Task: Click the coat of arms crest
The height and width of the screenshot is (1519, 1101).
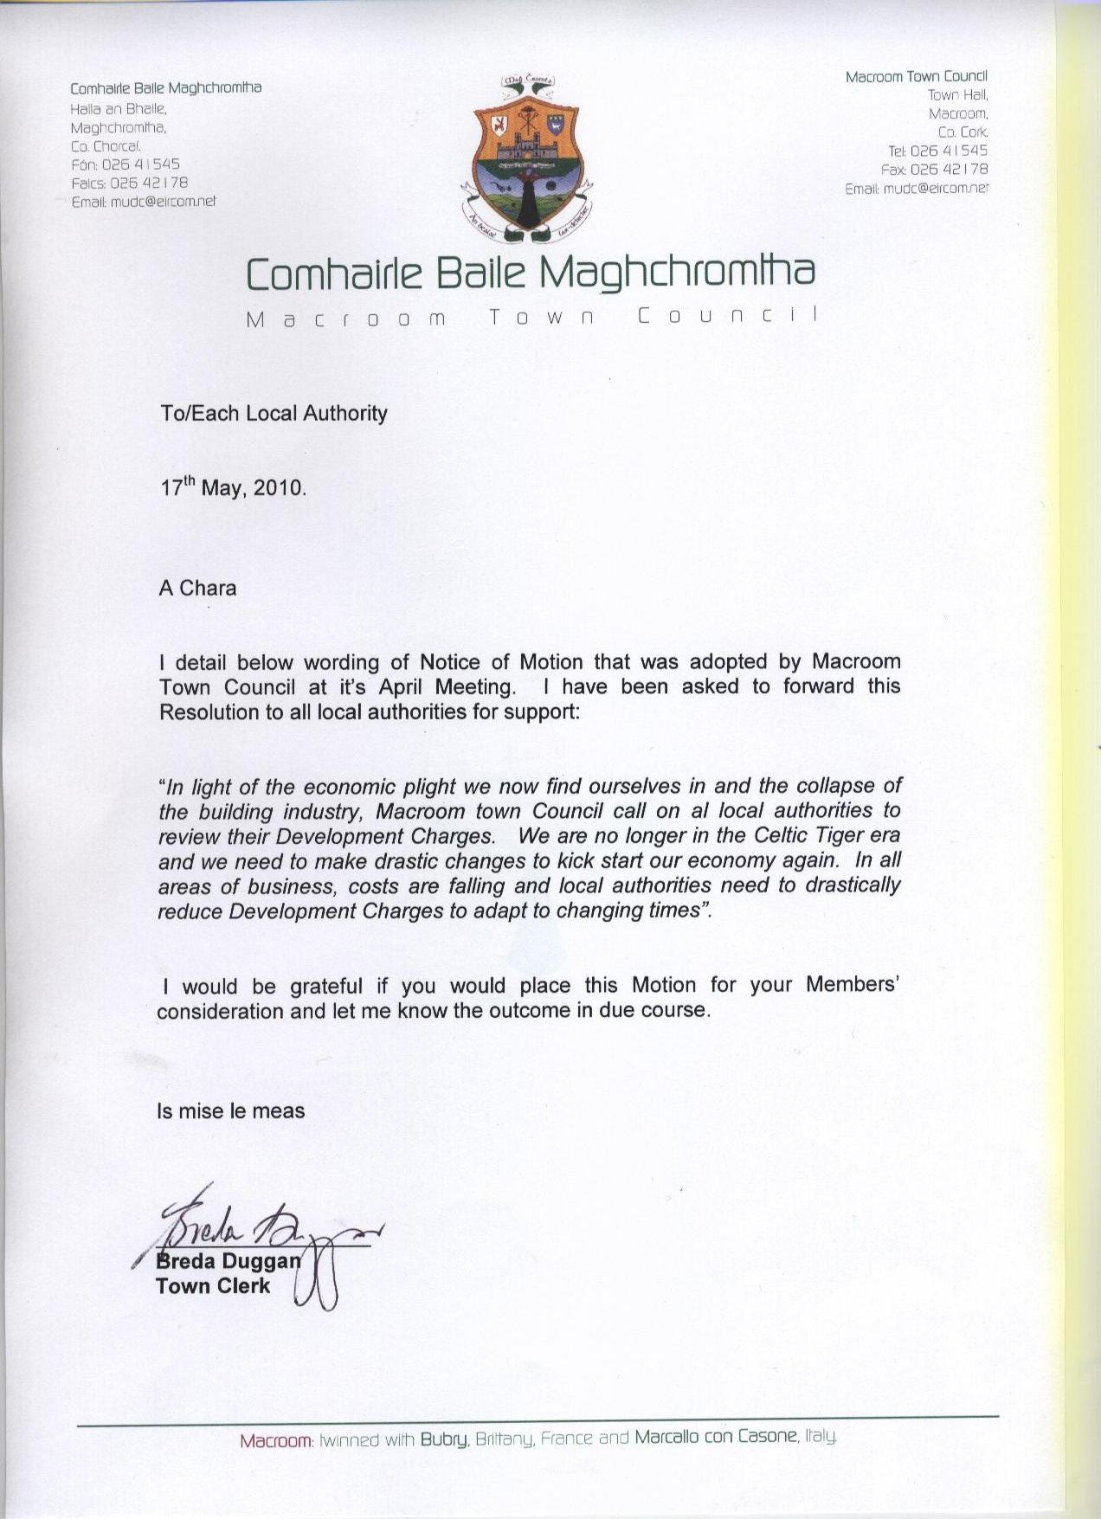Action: click(x=525, y=160)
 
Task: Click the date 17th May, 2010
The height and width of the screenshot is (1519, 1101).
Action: click(x=233, y=487)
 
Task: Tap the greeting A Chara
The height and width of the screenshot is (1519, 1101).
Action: click(x=197, y=589)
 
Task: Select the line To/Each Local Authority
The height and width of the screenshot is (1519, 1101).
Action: click(x=274, y=413)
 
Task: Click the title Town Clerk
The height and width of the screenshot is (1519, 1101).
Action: click(x=213, y=1286)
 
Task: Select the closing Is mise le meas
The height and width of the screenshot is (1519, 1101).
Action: click(x=230, y=1111)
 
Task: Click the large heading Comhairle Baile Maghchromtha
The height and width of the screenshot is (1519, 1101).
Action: click(x=531, y=273)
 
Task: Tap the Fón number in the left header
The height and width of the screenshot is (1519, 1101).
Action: click(x=140, y=164)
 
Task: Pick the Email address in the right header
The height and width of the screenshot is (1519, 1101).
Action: click(x=934, y=188)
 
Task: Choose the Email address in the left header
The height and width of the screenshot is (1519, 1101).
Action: click(x=162, y=202)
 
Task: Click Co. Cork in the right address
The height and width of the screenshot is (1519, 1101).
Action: click(x=963, y=132)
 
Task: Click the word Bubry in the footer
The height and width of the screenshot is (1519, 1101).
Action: click(x=444, y=1440)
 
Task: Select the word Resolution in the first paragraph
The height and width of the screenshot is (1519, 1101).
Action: click(x=207, y=712)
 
